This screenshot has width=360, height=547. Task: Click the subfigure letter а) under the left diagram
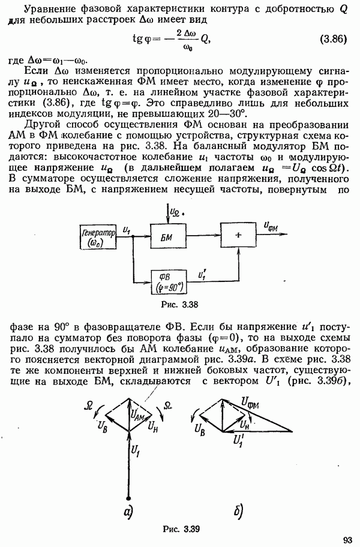point(128,512)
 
